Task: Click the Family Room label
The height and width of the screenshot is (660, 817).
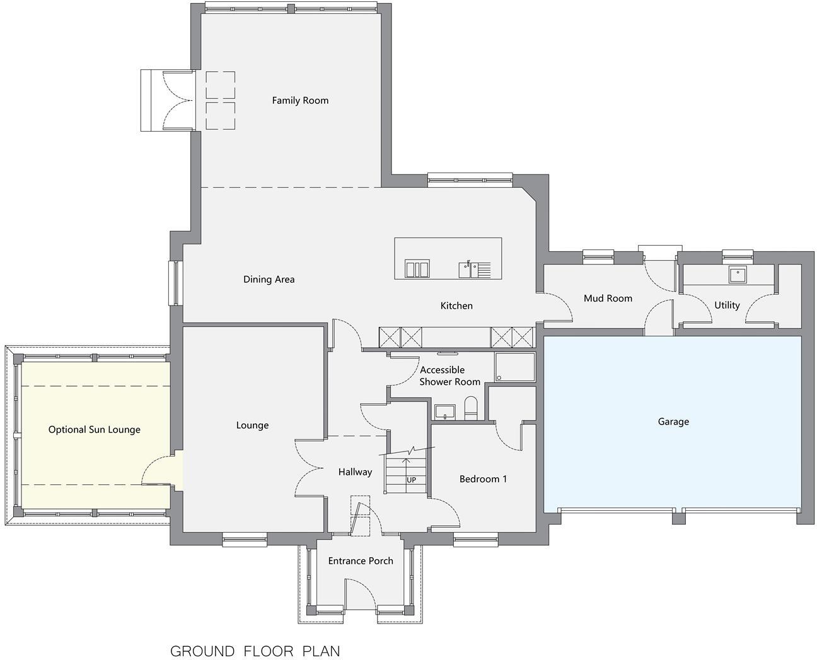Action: point(300,100)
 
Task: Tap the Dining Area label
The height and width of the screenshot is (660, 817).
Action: point(269,279)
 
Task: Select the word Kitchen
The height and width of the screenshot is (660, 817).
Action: point(456,305)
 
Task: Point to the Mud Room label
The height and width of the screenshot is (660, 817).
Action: point(608,298)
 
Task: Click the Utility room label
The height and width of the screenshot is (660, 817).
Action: point(727,305)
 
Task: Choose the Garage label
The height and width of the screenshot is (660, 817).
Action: point(673,421)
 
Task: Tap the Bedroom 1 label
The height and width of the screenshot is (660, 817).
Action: point(483,479)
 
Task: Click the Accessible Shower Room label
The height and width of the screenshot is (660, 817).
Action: point(449,376)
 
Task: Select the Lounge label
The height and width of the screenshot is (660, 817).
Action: point(252,425)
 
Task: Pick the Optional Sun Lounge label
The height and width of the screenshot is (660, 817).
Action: point(95,430)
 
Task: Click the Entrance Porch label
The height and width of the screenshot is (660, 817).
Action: point(361,560)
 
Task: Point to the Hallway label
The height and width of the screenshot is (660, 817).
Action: point(355,472)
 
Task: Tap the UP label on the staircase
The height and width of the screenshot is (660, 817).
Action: point(411,480)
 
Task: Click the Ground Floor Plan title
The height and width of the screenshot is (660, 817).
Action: point(255,651)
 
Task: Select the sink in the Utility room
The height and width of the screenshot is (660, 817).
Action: point(736,275)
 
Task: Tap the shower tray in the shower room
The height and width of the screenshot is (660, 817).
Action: point(514,367)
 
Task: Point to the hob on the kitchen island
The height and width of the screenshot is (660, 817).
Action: point(417,269)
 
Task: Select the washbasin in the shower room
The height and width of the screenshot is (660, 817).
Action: point(445,412)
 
